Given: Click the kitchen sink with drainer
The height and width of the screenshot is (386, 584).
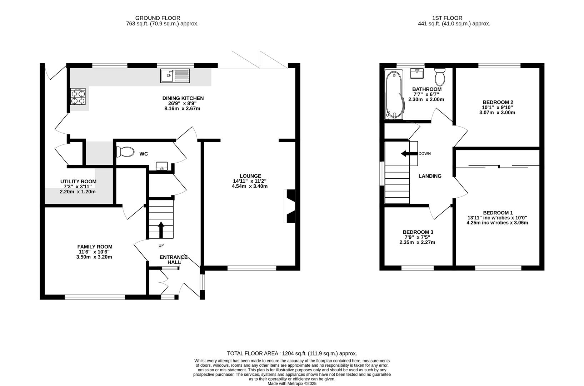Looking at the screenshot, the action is (175, 76).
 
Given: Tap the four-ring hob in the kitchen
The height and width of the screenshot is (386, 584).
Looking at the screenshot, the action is (78, 96).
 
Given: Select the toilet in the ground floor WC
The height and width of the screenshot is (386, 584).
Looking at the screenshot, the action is (125, 152).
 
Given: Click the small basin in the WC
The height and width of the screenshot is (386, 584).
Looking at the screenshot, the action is (162, 166).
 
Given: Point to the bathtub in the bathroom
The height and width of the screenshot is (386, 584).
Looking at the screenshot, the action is (394, 94).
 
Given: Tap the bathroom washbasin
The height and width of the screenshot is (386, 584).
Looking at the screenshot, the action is (417, 73).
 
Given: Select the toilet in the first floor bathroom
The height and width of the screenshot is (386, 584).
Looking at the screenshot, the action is (440, 77).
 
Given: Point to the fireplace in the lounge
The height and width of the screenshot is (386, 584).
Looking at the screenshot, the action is (290, 206).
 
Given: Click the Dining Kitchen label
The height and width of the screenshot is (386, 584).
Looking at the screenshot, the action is (183, 98).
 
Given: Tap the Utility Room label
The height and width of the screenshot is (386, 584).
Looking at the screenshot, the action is (78, 182).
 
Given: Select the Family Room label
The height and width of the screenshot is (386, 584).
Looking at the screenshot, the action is (95, 247).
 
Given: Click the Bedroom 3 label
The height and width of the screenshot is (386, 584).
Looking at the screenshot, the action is (418, 232).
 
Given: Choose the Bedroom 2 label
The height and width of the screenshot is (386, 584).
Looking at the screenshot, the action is (498, 102).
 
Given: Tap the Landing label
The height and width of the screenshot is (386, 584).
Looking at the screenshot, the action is (430, 176).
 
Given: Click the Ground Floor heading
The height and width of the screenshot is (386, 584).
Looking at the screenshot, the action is (158, 18).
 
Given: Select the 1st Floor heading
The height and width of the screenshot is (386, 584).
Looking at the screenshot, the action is (448, 18).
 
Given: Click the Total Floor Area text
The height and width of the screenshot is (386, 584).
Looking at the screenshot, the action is (292, 353).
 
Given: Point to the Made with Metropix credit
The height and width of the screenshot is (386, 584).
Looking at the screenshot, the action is (292, 383).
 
